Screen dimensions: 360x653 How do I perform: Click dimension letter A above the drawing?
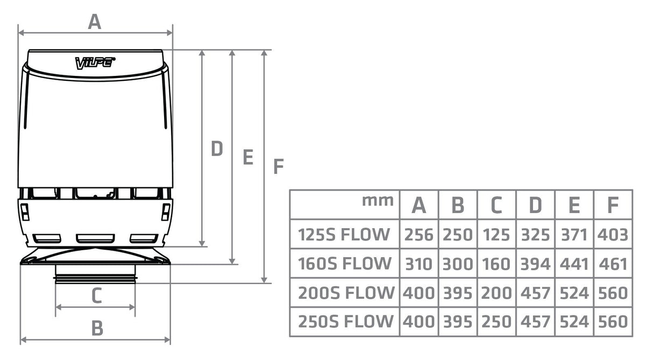pyautogui.click(x=95, y=22)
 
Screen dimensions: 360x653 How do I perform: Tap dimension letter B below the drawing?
pyautogui.click(x=97, y=327)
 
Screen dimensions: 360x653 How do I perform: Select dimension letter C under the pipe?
pyautogui.click(x=96, y=295)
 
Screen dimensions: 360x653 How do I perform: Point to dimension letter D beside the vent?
pyautogui.click(x=216, y=149)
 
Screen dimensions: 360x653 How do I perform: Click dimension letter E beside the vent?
pyautogui.click(x=247, y=157)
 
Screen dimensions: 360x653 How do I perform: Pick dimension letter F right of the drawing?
pyautogui.click(x=278, y=167)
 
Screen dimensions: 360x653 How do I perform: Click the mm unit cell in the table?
pyautogui.click(x=378, y=201)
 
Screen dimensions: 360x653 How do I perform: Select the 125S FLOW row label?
pyautogui.click(x=344, y=234)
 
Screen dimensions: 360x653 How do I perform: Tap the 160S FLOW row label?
pyautogui.click(x=344, y=264)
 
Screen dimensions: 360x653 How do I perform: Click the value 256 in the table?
pyautogui.click(x=418, y=235)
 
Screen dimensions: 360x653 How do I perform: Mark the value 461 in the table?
pyautogui.click(x=613, y=264)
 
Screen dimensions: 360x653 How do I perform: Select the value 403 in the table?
pyautogui.click(x=613, y=235)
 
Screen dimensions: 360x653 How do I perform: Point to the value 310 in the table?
pyautogui.click(x=418, y=264)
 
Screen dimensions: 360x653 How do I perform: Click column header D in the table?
pyautogui.click(x=535, y=205)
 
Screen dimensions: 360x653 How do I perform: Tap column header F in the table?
pyautogui.click(x=613, y=205)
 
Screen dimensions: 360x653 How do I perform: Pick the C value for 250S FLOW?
pyautogui.click(x=496, y=322)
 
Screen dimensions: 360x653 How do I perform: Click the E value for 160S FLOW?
pyautogui.click(x=574, y=264)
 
